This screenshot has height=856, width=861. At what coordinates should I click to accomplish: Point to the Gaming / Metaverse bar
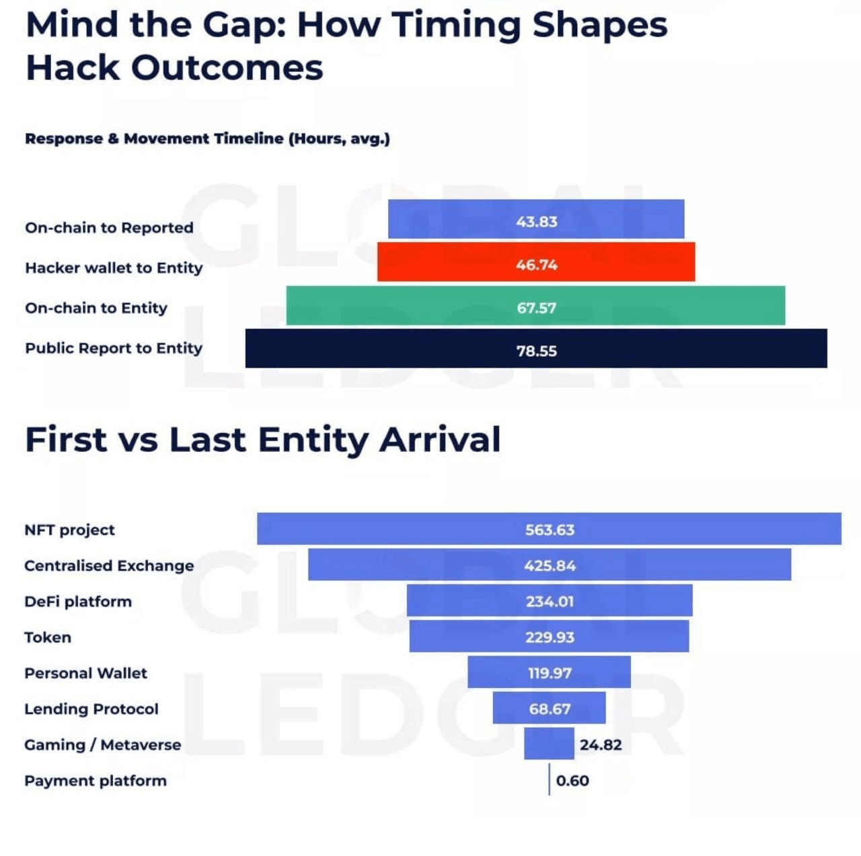tap(549, 744)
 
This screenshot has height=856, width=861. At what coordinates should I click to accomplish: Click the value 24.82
tap(601, 744)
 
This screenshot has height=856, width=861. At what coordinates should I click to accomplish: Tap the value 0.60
tap(572, 781)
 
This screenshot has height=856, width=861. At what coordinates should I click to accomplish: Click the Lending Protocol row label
tap(91, 709)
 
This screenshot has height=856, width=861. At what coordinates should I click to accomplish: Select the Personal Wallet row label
tap(85, 673)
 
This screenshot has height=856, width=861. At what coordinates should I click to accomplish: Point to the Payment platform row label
tap(96, 781)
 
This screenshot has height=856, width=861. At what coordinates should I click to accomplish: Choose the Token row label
tap(48, 637)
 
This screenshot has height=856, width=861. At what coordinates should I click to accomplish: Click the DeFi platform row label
tap(78, 601)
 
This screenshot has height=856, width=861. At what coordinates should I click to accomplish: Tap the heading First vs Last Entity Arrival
tap(262, 440)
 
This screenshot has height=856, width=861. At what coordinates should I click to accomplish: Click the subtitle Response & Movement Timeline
tap(207, 139)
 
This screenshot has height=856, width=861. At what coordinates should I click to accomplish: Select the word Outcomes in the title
tap(227, 68)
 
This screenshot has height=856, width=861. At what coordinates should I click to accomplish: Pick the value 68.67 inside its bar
tap(550, 709)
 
